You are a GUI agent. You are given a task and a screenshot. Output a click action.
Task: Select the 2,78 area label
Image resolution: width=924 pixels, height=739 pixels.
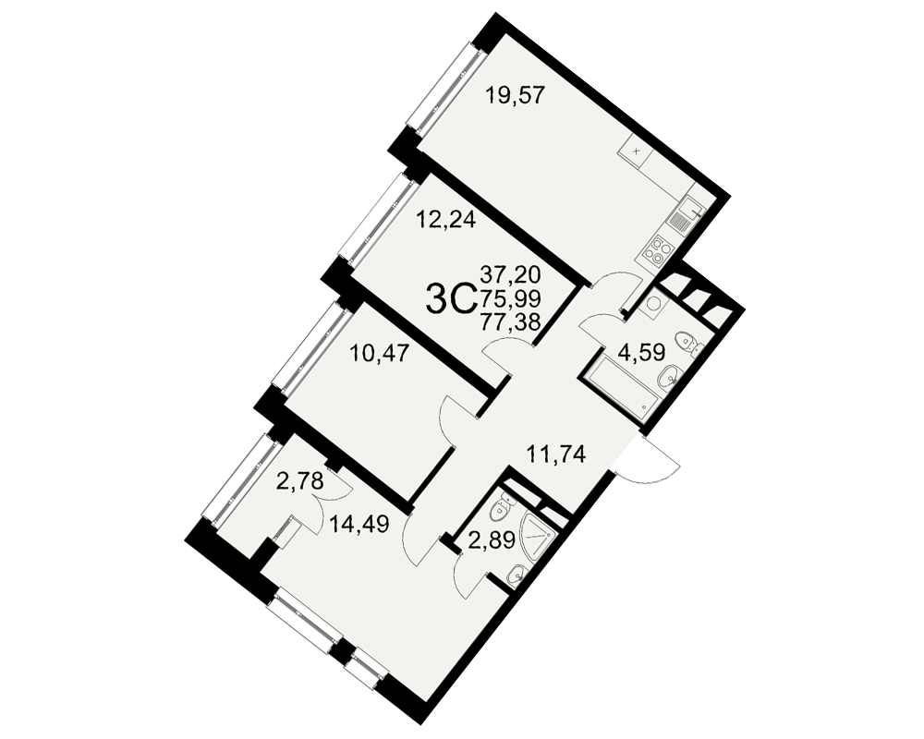pos(300,483)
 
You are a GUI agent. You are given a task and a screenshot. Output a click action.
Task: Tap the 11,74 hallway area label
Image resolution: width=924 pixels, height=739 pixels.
pos(555,454)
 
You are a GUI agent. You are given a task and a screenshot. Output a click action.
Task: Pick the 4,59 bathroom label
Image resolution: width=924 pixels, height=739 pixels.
pos(641,353)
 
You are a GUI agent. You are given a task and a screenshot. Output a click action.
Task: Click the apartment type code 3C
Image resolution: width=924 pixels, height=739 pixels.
pos(450,300)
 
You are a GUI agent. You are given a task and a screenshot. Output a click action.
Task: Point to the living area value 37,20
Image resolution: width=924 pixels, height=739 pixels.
pos(511,274)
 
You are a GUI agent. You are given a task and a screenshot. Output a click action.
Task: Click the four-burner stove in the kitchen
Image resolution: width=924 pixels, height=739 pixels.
pos(657,251)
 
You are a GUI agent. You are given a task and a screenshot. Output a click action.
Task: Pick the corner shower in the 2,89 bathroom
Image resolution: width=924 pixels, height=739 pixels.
pos(535,538)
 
